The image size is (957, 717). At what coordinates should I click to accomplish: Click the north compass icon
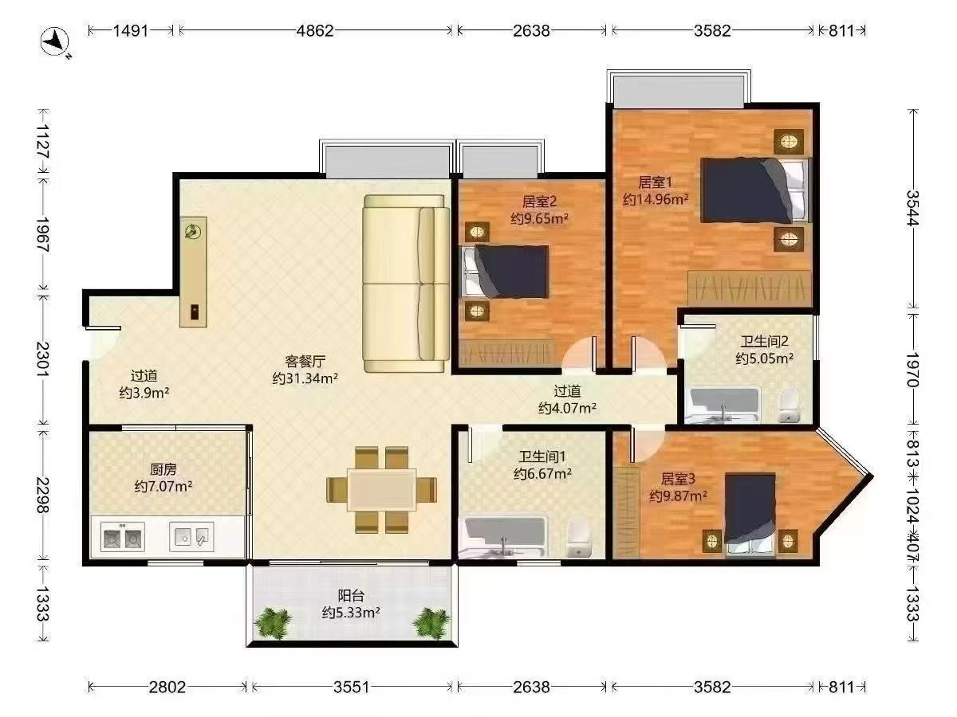[56, 41]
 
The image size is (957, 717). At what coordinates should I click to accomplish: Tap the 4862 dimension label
[315, 31]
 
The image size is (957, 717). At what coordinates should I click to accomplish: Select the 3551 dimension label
[352, 687]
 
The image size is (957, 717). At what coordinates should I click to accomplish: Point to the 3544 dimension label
[912, 208]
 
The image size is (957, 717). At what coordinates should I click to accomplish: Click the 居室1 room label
[655, 182]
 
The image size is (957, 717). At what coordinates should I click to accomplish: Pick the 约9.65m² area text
[539, 218]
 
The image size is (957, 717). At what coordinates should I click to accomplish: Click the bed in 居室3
[750, 515]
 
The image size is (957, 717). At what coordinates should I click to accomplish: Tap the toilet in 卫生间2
[789, 406]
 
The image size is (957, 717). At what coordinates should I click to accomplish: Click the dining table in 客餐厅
[381, 489]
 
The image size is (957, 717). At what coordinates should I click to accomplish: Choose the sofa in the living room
[406, 284]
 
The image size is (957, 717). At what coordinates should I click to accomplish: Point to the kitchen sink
[191, 537]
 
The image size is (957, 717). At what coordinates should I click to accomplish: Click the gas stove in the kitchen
[123, 537]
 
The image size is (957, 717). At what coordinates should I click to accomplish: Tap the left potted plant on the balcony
[273, 624]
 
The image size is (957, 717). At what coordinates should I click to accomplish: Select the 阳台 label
[351, 596]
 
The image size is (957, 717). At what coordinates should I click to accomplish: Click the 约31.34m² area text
[305, 378]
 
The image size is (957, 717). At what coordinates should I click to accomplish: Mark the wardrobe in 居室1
[749, 288]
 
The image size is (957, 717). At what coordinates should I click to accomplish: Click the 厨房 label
[163, 469]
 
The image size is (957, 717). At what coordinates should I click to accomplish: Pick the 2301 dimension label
[43, 359]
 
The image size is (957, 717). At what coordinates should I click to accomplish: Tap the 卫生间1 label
[542, 456]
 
